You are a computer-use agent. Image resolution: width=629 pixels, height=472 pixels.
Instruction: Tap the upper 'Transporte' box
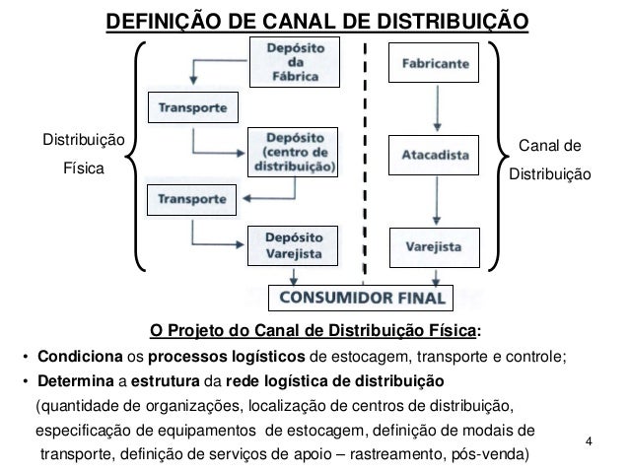point(191,106)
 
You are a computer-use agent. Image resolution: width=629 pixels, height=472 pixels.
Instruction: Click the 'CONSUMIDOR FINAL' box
point(361,295)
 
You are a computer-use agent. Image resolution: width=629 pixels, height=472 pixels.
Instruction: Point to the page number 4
point(590,438)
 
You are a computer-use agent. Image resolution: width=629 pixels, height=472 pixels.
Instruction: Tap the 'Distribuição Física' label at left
point(82,155)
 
